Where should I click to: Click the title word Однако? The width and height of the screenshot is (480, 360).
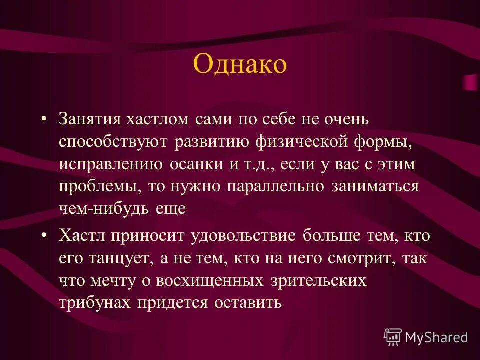[x=239, y=65]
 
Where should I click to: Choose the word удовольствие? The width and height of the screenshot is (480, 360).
[x=244, y=236]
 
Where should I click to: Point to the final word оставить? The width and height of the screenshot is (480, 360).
[x=250, y=303]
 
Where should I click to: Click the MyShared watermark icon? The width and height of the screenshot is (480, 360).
[x=393, y=337]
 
